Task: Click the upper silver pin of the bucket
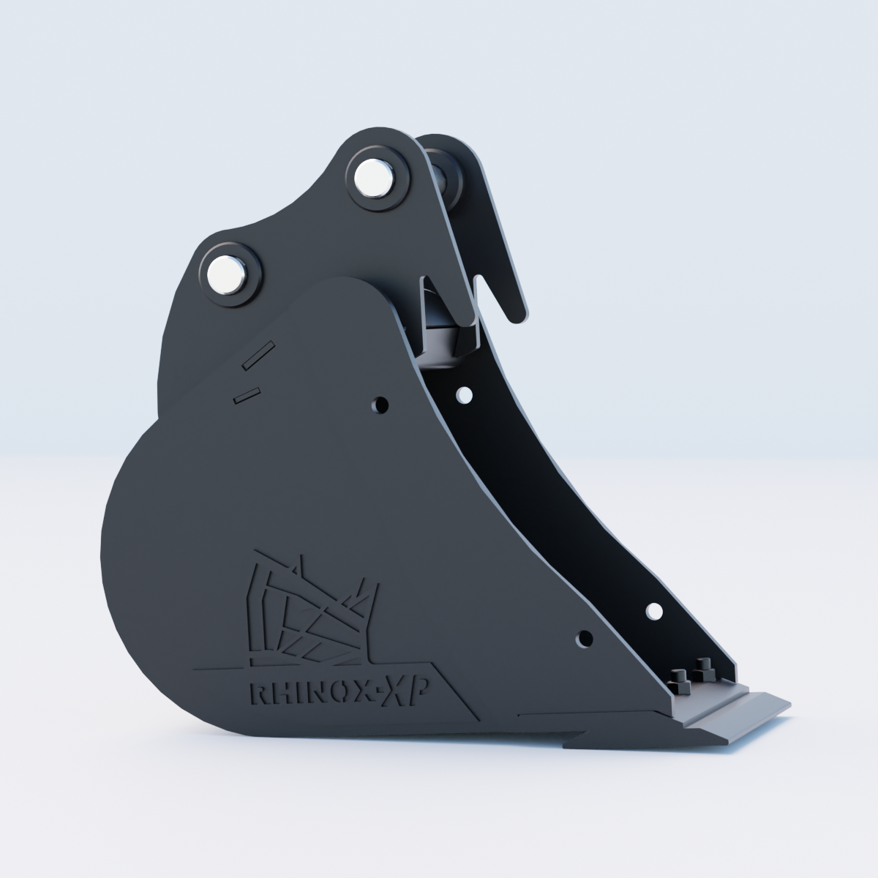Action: (x=374, y=178)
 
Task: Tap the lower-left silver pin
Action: (x=227, y=275)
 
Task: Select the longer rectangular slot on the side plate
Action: (x=258, y=356)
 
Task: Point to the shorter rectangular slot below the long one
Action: (x=247, y=395)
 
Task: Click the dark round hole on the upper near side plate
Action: (x=381, y=404)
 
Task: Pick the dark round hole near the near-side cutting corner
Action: (x=584, y=639)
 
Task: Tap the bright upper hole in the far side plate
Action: (x=465, y=394)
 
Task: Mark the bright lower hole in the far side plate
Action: (x=654, y=612)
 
